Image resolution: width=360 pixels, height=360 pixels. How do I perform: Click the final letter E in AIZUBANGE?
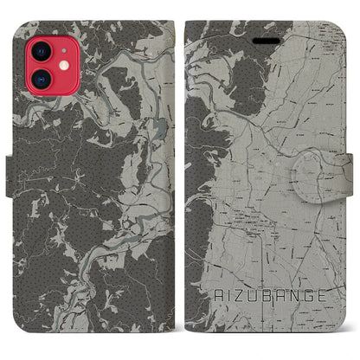[x=323, y=295]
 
